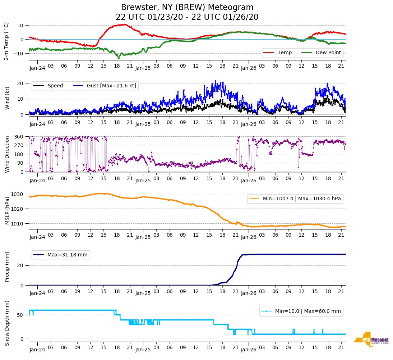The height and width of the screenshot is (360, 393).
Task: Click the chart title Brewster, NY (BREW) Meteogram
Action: tap(187, 8)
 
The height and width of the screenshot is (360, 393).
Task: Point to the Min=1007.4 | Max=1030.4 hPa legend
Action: tap(295, 199)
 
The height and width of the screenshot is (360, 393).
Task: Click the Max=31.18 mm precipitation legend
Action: tap(61, 255)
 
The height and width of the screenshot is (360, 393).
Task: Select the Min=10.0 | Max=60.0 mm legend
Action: tap(301, 311)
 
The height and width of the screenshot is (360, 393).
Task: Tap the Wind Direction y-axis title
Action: tap(7, 154)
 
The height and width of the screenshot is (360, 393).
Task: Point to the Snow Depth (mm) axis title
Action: tap(7, 323)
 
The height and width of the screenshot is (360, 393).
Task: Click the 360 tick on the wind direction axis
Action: tap(19, 137)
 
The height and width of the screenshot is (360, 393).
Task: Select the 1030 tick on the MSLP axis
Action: tap(18, 194)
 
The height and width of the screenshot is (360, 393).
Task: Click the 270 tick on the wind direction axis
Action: tap(19, 145)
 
